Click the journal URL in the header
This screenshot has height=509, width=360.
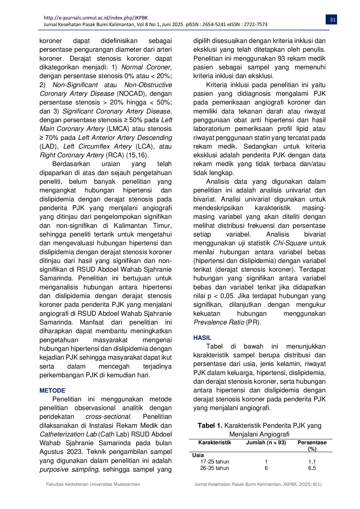pos(96,18)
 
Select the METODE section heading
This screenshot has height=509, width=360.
pos(52,390)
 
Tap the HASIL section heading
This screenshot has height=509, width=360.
pos(202,337)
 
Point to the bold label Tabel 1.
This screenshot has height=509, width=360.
pos(210,425)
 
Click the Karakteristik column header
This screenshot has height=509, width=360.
pos(215,442)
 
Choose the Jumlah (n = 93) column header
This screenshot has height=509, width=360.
pos(266,442)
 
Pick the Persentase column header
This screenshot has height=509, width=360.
pos(312,443)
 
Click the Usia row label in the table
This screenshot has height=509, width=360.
pos(198,455)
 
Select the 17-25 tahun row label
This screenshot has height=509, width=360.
pos(215,461)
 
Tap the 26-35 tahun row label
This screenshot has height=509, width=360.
pos(215,468)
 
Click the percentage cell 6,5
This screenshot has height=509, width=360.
pos(312,468)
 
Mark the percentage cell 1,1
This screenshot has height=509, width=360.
pos(312,461)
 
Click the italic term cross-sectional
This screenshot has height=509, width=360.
pos(108,416)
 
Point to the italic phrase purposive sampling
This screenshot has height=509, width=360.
pos(69,469)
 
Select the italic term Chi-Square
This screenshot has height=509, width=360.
pos(290,243)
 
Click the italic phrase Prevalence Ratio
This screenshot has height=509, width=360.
pos(219,322)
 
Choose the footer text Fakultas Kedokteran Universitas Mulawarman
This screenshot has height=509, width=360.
pos(93,484)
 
